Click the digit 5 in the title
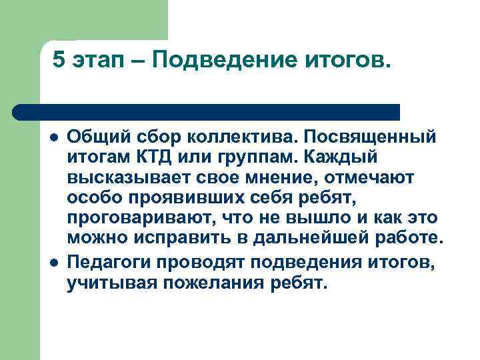tap(59, 61)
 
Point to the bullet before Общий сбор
tap(51, 137)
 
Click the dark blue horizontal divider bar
tap(207, 111)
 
